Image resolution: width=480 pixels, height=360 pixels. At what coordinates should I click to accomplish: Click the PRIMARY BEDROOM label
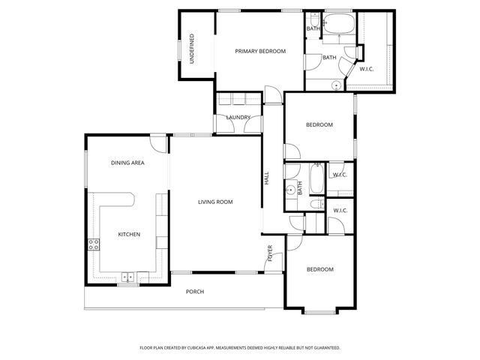260,51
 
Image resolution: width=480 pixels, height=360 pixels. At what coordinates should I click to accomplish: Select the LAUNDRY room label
238,117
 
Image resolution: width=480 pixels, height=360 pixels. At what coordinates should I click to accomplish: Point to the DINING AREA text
127,163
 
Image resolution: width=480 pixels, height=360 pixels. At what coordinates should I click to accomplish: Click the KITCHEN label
129,235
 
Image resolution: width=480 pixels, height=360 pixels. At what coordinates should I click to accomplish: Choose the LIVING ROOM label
215,202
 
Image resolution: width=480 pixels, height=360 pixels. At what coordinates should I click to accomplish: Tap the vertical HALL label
266,179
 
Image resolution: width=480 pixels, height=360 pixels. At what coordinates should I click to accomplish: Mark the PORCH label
195,292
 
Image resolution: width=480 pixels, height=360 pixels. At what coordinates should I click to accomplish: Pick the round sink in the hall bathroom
289,191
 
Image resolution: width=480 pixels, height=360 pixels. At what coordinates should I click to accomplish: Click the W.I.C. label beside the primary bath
367,69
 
